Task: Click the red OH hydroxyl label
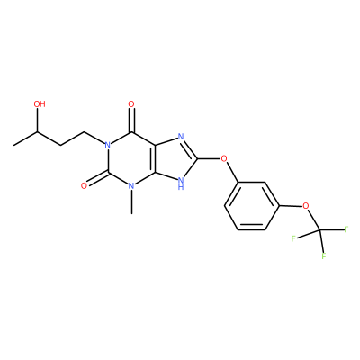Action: pyautogui.click(x=40, y=104)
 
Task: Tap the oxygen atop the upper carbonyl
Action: pyautogui.click(x=131, y=104)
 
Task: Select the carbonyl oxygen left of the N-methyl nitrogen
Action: pyautogui.click(x=85, y=186)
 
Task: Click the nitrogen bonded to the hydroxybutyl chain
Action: pyautogui.click(x=107, y=145)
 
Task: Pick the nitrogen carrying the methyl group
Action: pyautogui.click(x=131, y=186)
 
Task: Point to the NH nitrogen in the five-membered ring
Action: pyautogui.click(x=181, y=184)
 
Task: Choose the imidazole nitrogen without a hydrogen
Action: pyautogui.click(x=181, y=137)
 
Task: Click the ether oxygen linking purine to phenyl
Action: pyautogui.click(x=224, y=158)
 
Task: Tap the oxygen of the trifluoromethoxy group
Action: pyautogui.click(x=306, y=206)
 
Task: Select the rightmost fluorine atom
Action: pyautogui.click(x=346, y=229)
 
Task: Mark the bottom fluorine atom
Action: pyautogui.click(x=324, y=256)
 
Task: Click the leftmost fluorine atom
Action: pyautogui.click(x=293, y=238)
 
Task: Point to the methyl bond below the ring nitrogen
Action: pyautogui.click(x=131, y=202)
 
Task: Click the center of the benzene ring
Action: pyautogui.click(x=251, y=206)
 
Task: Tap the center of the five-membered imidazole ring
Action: pyautogui.click(x=175, y=159)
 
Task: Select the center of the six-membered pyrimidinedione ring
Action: pyautogui.click(x=131, y=159)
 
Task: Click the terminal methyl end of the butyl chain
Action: pyautogui.click(x=14, y=146)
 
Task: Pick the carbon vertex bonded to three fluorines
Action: pyautogui.click(x=319, y=230)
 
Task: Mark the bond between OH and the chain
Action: pyautogui.click(x=37, y=121)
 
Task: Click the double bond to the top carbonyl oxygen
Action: pyautogui.click(x=131, y=121)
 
